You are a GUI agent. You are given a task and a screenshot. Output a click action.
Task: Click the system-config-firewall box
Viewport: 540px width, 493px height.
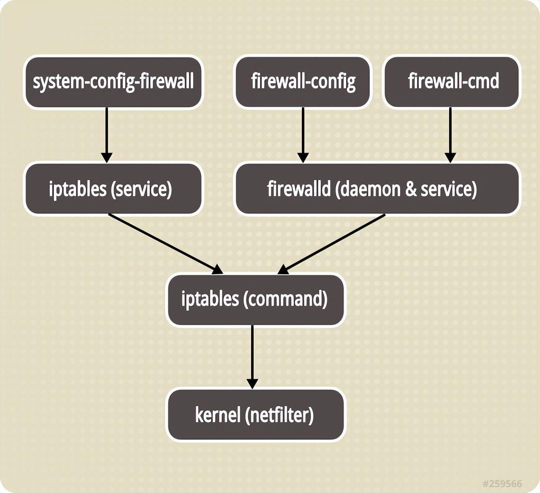113,82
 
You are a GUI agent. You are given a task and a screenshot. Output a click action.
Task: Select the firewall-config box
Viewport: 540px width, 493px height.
303,82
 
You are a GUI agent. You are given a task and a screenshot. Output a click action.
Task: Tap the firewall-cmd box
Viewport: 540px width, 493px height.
452,82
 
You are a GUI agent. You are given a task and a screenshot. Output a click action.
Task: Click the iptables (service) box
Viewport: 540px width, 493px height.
113,189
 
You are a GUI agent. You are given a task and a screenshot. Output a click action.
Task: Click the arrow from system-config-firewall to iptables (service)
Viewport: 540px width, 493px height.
107,135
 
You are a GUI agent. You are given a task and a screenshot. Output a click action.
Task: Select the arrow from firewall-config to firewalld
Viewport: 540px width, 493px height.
303,135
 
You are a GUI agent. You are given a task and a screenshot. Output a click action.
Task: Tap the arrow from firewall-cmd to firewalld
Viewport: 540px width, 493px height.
450,135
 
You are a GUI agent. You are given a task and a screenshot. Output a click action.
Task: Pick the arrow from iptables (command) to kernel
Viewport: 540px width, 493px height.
252,356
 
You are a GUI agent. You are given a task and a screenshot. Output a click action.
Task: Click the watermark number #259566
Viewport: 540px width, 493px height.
502,484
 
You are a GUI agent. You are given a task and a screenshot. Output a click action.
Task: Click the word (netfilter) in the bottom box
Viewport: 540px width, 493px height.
279,415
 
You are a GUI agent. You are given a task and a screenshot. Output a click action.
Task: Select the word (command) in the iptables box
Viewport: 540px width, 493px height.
285,299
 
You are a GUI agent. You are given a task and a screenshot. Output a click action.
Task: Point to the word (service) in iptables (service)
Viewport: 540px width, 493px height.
141,189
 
